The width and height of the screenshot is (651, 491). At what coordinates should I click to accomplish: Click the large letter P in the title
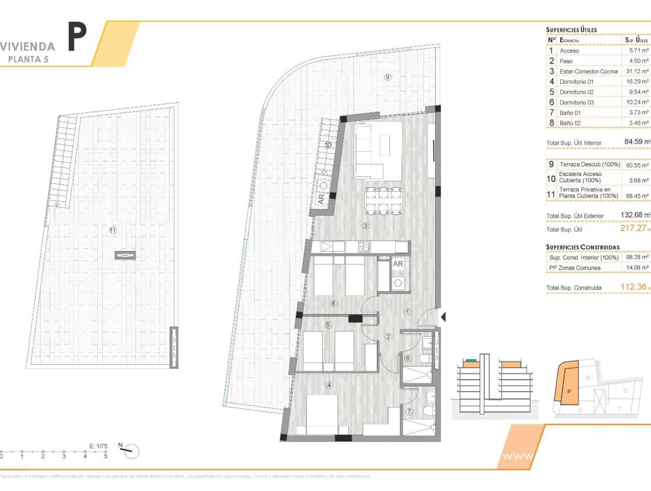(77, 37)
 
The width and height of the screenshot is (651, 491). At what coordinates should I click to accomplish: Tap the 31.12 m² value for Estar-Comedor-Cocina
(636, 71)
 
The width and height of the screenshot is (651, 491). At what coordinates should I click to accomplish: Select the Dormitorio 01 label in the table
(577, 82)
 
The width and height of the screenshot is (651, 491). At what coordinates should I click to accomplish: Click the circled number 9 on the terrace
(387, 77)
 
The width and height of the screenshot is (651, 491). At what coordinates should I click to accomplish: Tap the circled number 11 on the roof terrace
(113, 230)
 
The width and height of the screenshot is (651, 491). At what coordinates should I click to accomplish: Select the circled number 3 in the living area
(365, 226)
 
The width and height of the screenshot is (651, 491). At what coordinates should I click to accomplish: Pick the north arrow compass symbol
(130, 450)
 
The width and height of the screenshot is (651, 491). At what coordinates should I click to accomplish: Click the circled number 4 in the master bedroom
(328, 385)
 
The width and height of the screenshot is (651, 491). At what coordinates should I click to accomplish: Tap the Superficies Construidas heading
(582, 247)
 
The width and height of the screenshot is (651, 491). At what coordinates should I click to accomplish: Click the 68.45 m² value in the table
(636, 196)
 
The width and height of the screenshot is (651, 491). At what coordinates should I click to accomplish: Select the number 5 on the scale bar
(106, 456)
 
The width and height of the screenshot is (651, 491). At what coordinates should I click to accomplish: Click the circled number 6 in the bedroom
(334, 303)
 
